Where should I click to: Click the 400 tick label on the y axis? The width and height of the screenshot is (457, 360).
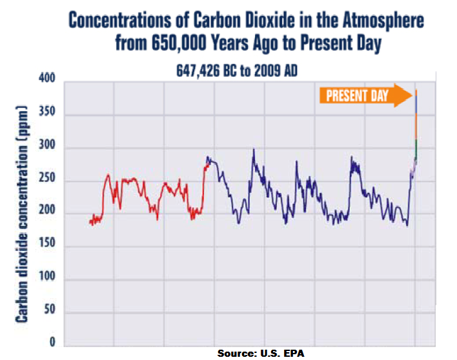click(47, 78)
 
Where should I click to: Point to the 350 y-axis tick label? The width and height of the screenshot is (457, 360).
click(47, 111)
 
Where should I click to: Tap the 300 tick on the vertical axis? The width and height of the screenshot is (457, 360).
click(47, 144)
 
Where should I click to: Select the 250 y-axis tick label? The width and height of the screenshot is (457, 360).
click(47, 177)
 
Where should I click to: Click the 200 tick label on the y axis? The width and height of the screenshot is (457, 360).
click(47, 210)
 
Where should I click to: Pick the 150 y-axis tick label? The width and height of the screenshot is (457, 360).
click(47, 243)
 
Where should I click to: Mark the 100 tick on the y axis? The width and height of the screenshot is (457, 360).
click(47, 275)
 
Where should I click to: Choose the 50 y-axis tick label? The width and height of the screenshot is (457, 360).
click(50, 309)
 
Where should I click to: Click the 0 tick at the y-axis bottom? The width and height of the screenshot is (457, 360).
click(52, 342)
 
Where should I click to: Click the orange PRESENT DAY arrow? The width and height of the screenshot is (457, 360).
click(366, 95)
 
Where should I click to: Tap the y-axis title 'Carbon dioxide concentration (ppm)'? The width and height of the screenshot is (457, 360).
click(21, 214)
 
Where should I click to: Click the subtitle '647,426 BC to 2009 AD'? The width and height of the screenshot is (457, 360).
click(237, 71)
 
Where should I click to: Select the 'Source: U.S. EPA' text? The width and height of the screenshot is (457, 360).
click(261, 354)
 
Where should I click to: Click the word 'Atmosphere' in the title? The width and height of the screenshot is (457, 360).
click(383, 21)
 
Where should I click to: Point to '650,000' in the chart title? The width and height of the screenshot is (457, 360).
click(179, 43)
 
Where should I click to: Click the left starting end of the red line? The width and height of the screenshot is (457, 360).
click(90, 222)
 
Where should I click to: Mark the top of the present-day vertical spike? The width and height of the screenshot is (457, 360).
click(416, 90)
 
